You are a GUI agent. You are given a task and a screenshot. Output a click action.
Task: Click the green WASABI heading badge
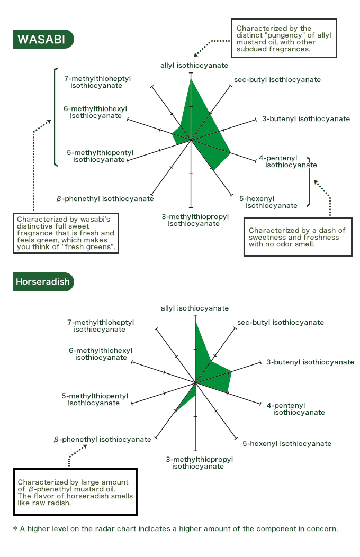[43, 39]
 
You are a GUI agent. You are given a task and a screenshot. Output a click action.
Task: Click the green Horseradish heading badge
[43, 282]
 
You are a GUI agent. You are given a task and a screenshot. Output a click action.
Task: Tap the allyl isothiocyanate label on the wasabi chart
[194, 66]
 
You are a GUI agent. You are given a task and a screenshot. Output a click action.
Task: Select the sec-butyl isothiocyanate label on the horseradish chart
[281, 323]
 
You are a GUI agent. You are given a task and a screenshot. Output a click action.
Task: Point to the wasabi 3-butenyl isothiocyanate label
[306, 119]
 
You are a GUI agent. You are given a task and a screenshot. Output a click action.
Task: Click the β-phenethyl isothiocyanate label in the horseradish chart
[102, 440]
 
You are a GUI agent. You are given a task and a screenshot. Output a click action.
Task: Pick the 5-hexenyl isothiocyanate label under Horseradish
[287, 443]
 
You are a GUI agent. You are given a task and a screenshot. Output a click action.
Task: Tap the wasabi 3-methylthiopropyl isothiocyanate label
[195, 220]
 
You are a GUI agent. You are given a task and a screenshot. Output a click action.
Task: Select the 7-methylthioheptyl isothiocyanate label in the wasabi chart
[97, 82]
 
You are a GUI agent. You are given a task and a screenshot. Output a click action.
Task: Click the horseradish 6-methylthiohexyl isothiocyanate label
[101, 354]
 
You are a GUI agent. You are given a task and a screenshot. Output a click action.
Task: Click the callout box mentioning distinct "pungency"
[284, 38]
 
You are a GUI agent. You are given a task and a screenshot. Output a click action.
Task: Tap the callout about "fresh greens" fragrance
[66, 233]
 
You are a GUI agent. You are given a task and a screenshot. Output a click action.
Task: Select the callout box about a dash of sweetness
[298, 237]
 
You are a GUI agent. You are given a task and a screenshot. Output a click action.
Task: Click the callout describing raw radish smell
[75, 492]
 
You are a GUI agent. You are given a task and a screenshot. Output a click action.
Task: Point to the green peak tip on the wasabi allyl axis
[191, 79]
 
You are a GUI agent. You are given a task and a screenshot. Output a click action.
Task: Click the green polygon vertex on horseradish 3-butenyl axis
[231, 371]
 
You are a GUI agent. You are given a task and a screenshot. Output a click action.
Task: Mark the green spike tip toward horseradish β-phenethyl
[176, 412]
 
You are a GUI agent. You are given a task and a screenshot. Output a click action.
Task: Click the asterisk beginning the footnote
[15, 528]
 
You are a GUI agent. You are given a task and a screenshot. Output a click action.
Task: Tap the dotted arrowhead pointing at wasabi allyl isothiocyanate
[196, 54]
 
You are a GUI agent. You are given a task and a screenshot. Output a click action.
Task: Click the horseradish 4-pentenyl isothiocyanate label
[295, 409]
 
